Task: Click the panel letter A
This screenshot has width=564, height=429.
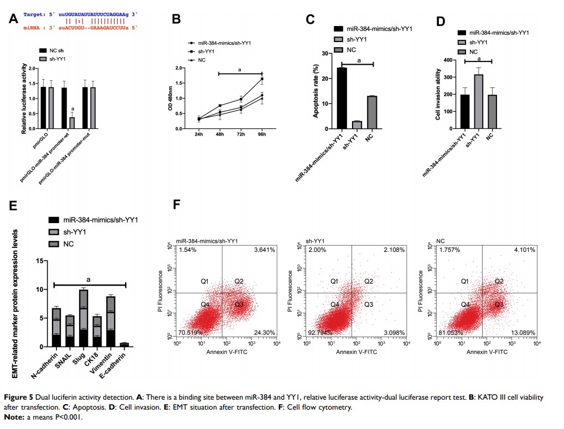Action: pyautogui.click(x=14, y=20)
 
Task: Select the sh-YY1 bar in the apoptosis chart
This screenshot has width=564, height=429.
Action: pyautogui.click(x=358, y=125)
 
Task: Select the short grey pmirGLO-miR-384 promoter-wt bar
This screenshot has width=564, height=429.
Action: pyautogui.click(x=72, y=122)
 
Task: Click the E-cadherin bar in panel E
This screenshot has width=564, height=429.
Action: pyautogui.click(x=125, y=344)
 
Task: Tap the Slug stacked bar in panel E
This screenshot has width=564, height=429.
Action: pyautogui.click(x=84, y=318)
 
